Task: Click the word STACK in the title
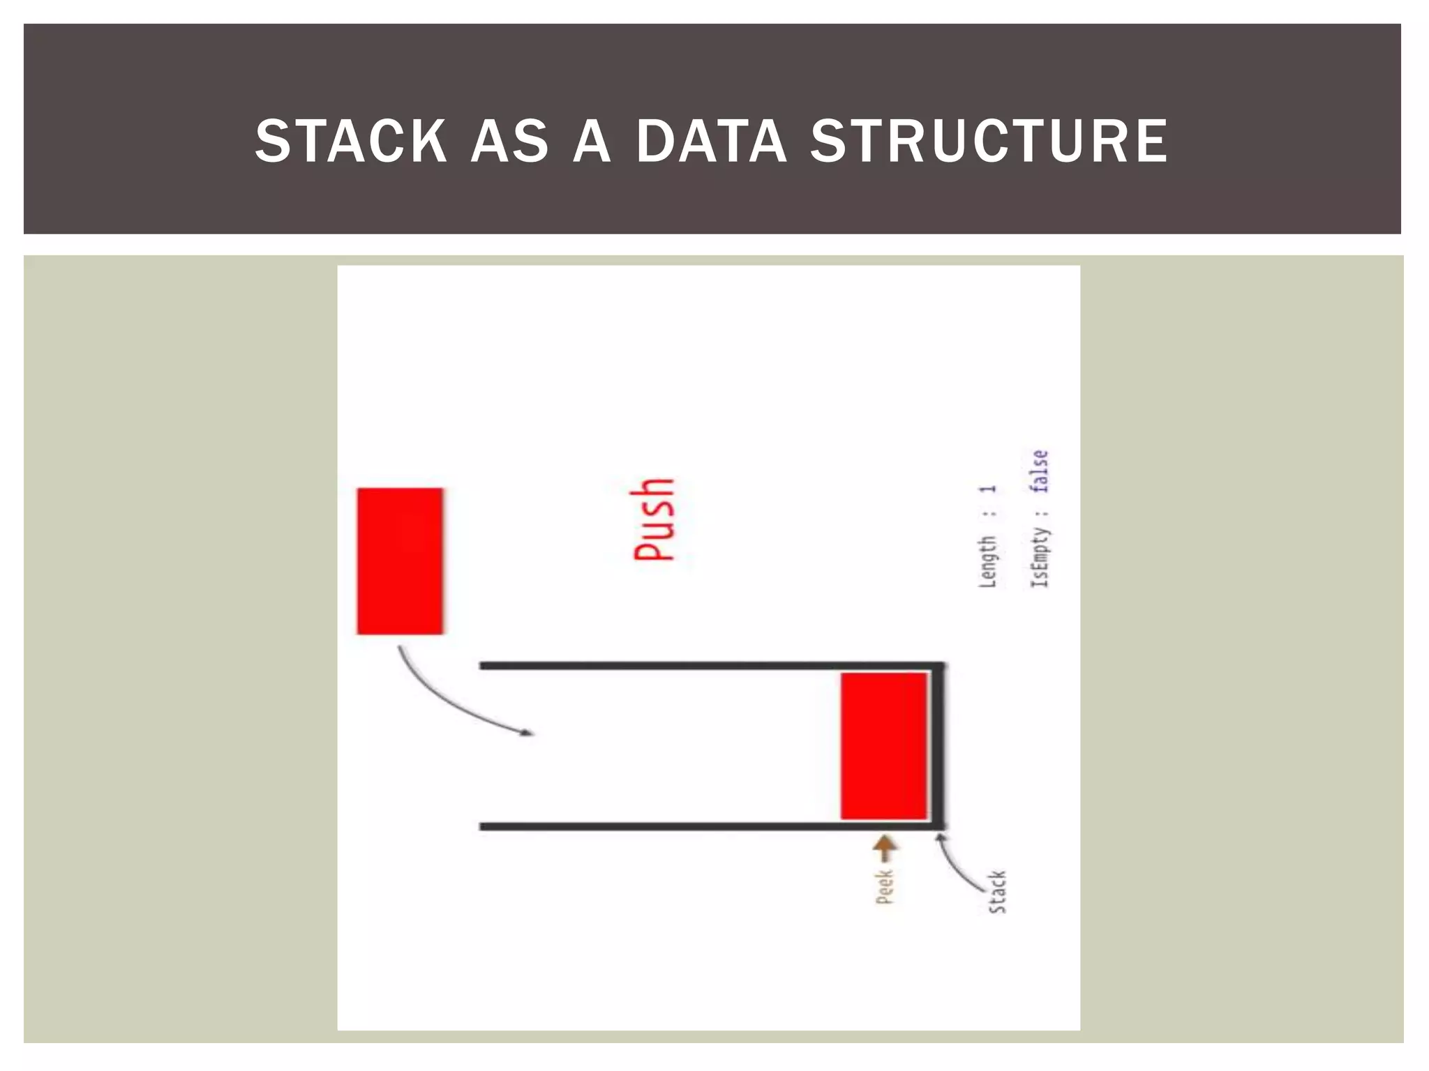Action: [x=351, y=142]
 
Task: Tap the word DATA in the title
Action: [x=712, y=142]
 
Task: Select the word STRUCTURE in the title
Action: [x=989, y=142]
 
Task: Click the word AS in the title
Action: [x=510, y=142]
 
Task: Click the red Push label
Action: [x=654, y=519]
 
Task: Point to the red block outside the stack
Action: [x=400, y=561]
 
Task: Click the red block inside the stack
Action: [x=883, y=745]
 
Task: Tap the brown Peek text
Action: [x=884, y=886]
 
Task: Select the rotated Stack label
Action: [x=997, y=892]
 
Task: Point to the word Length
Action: [x=987, y=561]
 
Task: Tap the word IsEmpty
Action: [x=1040, y=557]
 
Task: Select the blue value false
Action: [x=1040, y=471]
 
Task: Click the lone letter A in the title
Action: [x=592, y=142]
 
